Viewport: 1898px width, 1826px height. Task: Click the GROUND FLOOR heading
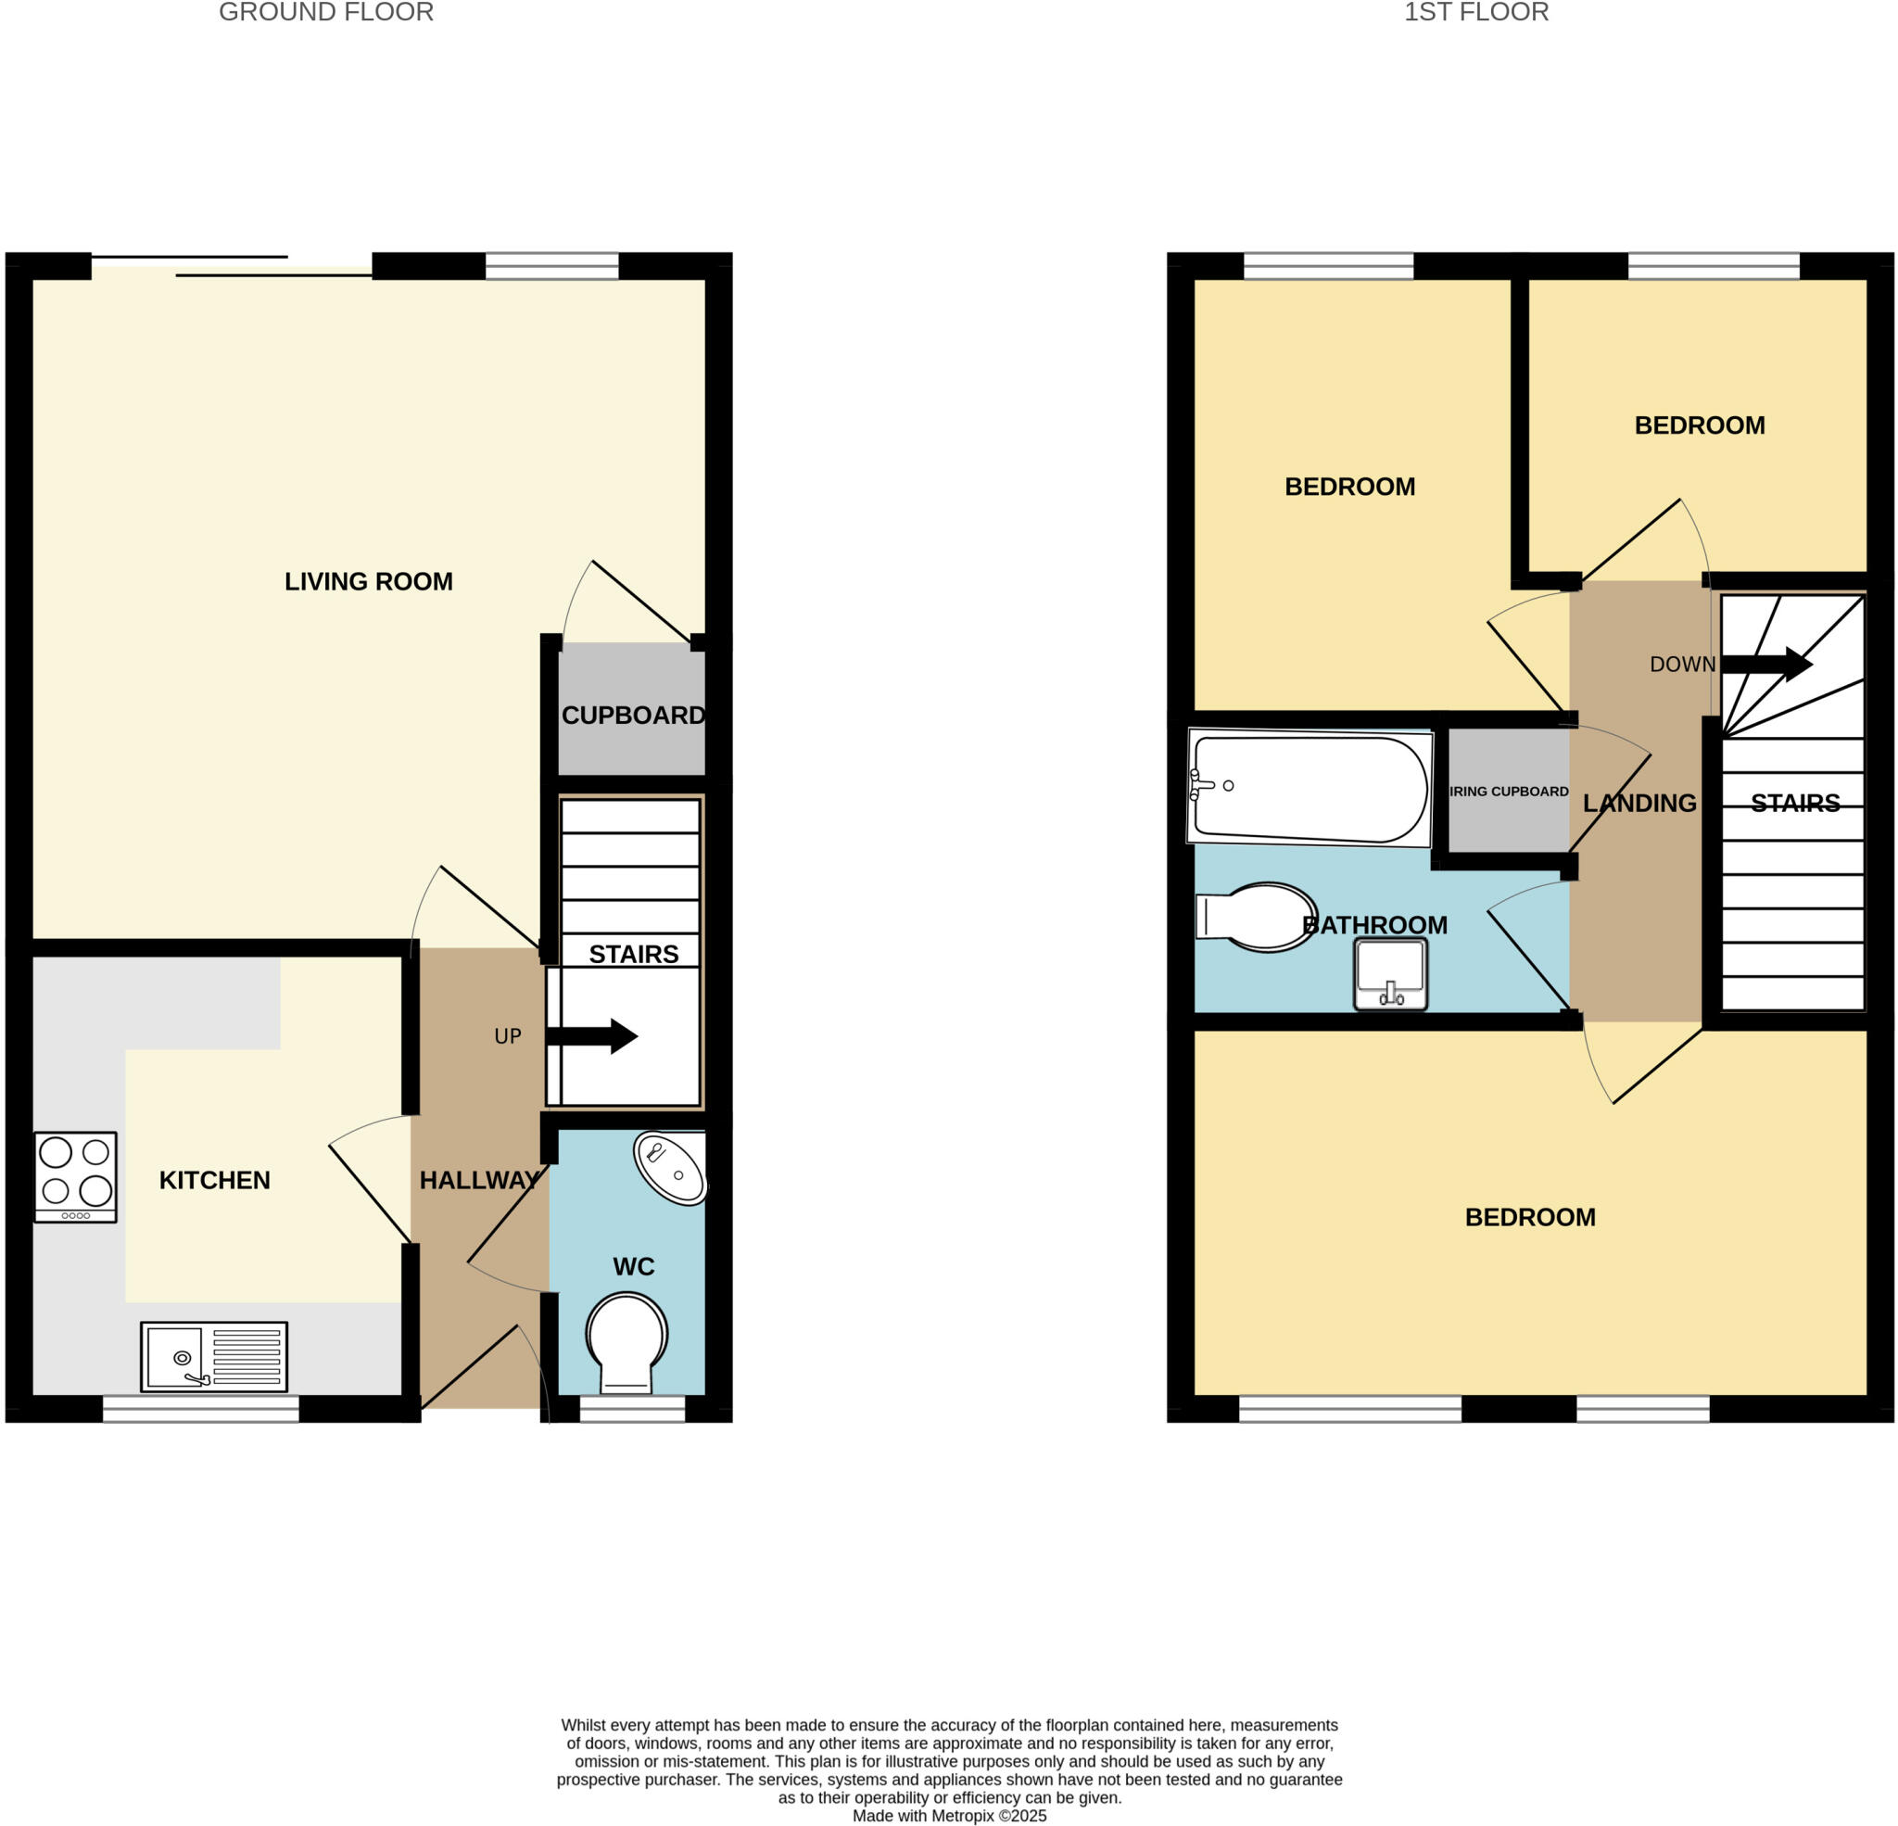(326, 13)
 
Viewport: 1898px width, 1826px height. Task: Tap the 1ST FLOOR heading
(1475, 13)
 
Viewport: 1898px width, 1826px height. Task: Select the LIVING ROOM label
(368, 581)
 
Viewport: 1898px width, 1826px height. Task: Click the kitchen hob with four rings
(76, 1177)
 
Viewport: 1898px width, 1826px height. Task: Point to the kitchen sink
(214, 1355)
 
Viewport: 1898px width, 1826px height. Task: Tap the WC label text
(633, 1267)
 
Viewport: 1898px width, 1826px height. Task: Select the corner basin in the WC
(669, 1168)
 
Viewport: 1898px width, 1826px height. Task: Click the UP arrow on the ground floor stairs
(592, 1035)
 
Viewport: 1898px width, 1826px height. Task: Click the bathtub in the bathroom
(1310, 788)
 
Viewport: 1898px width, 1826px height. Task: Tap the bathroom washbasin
(1390, 973)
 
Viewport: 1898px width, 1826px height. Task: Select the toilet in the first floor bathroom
(1257, 917)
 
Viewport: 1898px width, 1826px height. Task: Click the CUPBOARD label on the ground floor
(633, 715)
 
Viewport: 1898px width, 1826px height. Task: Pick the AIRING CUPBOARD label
(1509, 792)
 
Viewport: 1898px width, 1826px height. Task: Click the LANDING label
(1639, 803)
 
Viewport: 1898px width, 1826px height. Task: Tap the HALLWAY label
(479, 1180)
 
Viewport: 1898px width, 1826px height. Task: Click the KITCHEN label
(214, 1180)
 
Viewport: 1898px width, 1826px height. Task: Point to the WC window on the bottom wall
(631, 1409)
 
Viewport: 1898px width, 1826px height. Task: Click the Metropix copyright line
(949, 1817)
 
